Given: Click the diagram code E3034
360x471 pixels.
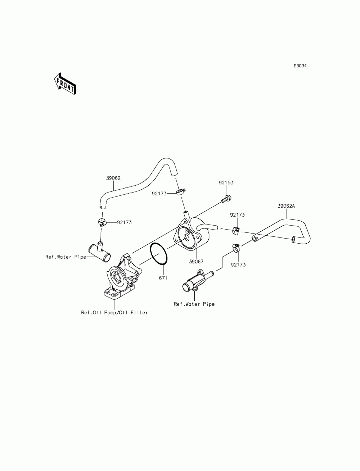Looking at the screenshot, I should click(x=300, y=66).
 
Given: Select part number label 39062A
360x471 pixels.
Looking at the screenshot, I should click(x=286, y=206).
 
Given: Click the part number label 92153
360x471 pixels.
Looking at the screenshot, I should click(x=226, y=183).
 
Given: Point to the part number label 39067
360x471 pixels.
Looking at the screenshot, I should click(x=196, y=262).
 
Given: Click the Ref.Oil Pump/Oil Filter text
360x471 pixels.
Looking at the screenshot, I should click(x=114, y=313).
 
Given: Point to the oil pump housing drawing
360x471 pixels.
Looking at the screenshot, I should click(x=121, y=277).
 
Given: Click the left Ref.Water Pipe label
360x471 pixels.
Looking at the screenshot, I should click(x=66, y=257).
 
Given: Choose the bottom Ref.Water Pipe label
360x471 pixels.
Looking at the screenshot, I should click(x=194, y=304).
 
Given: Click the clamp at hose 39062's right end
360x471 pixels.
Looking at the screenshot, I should click(x=180, y=191).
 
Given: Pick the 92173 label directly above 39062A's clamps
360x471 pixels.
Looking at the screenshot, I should click(x=238, y=215).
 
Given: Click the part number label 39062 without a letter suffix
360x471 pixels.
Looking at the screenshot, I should click(x=113, y=178).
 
